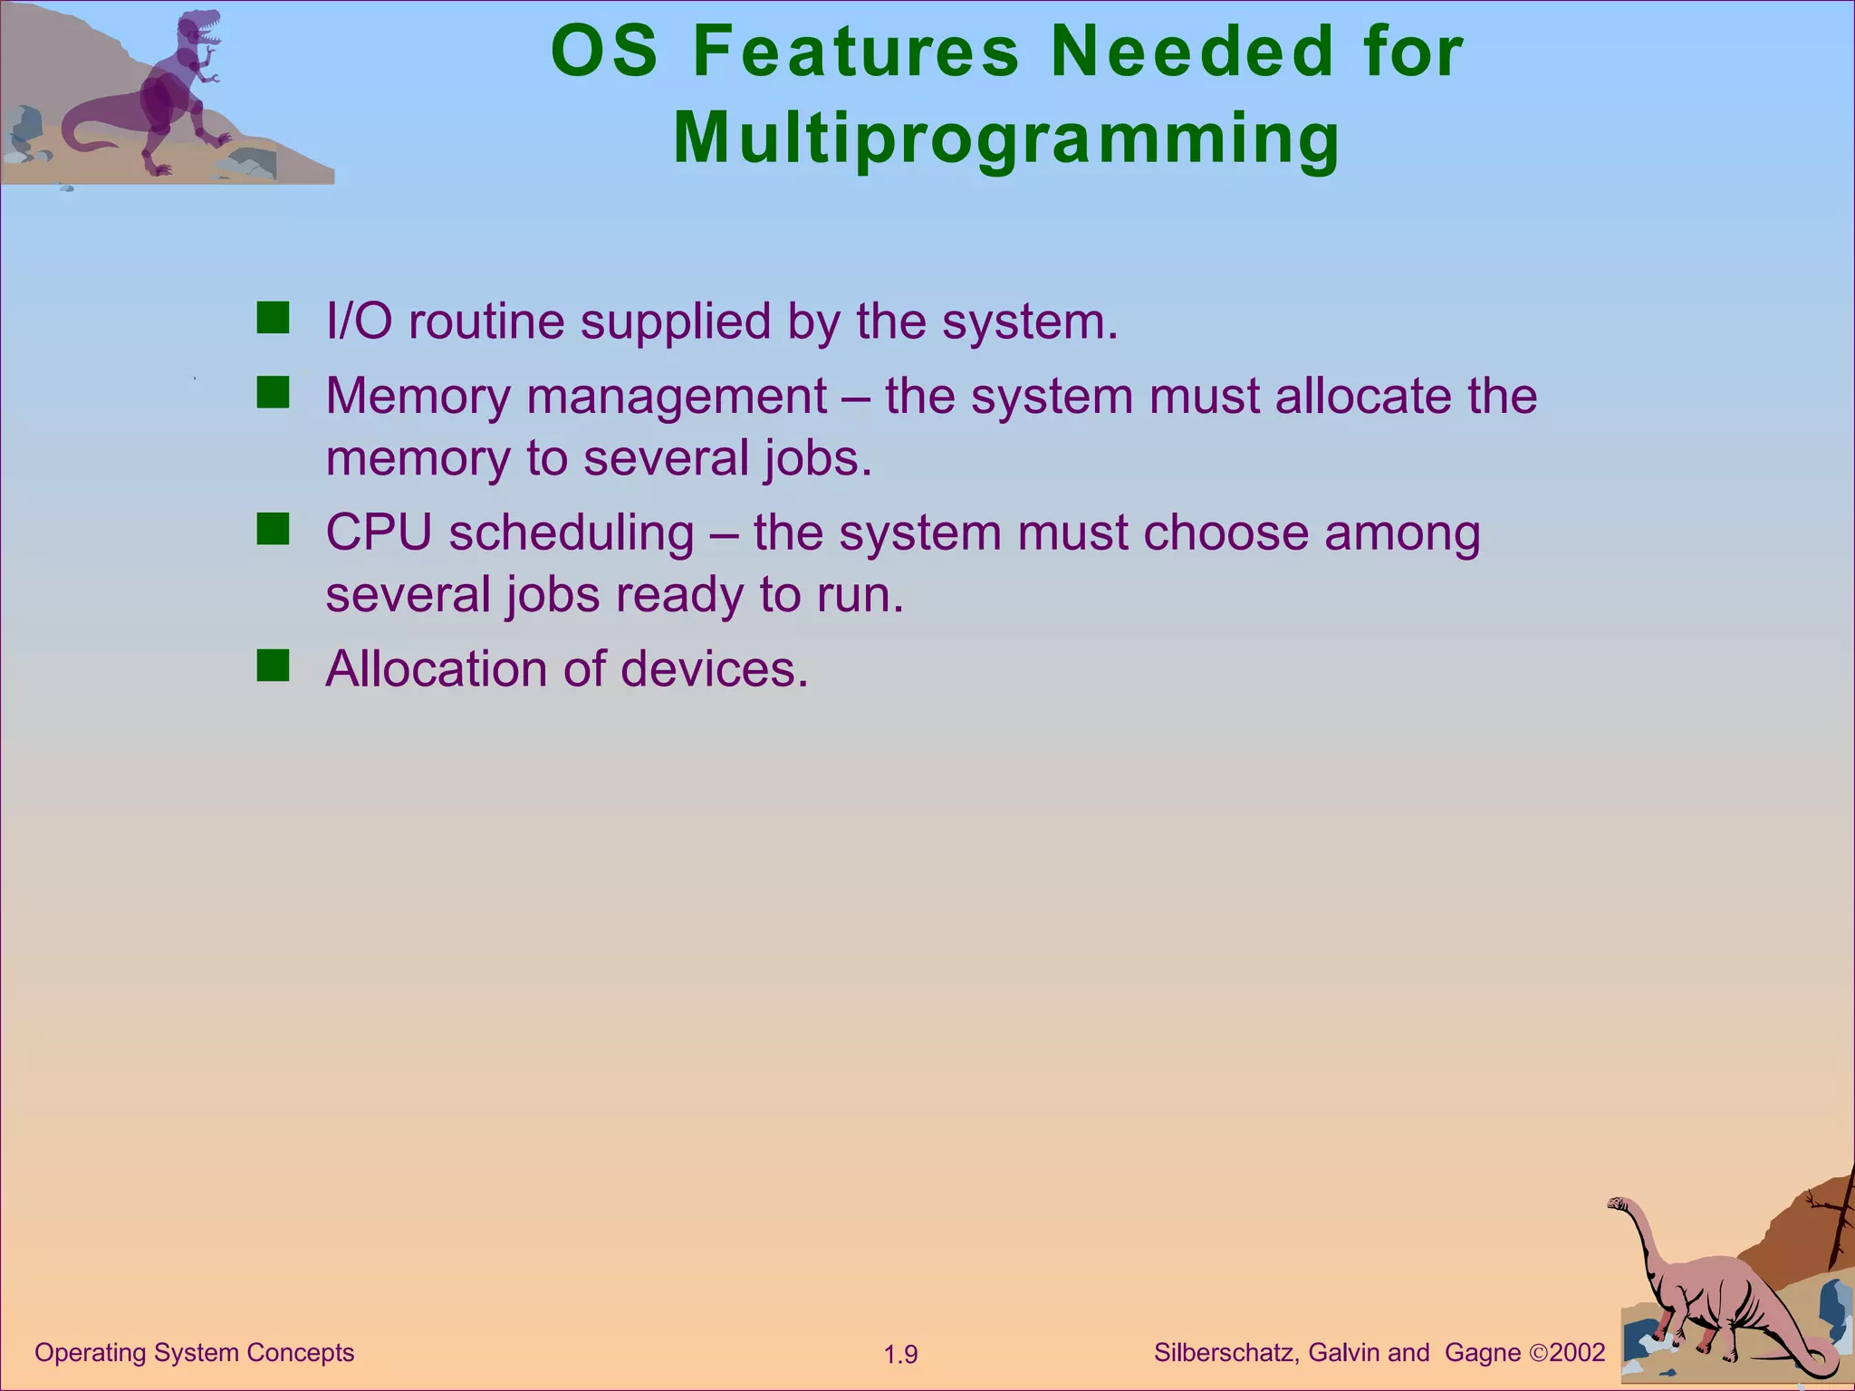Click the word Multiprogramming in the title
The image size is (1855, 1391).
(1005, 138)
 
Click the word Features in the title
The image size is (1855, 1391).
(855, 51)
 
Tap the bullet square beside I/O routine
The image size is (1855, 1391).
(273, 319)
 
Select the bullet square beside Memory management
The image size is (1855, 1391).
(273, 393)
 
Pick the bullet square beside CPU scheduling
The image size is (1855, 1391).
(273, 529)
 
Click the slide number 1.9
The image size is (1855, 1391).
(900, 1355)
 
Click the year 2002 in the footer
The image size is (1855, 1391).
(1577, 1353)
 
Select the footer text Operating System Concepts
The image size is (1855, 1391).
(194, 1353)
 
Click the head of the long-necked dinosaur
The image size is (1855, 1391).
(1618, 1204)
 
